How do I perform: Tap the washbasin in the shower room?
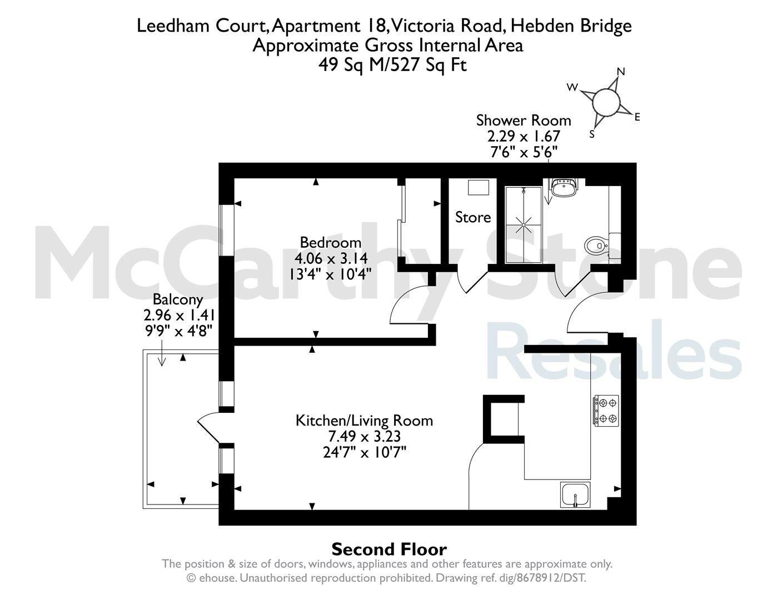[564, 187]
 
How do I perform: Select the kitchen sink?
[575, 494]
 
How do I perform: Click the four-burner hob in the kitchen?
[606, 410]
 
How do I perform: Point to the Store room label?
[473, 217]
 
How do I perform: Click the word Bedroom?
[330, 243]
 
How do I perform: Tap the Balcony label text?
[178, 299]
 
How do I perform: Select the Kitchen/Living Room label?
[365, 421]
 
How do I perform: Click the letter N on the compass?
[621, 72]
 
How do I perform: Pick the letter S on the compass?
[592, 134]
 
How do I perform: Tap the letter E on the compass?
[637, 117]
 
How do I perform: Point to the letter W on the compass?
[572, 87]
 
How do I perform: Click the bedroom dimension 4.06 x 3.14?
[331, 258]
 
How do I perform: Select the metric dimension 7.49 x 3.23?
[365, 436]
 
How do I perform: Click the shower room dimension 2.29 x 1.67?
[524, 136]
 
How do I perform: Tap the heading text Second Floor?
[389, 549]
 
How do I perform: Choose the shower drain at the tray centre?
[524, 225]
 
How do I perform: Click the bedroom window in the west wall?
[226, 230]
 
